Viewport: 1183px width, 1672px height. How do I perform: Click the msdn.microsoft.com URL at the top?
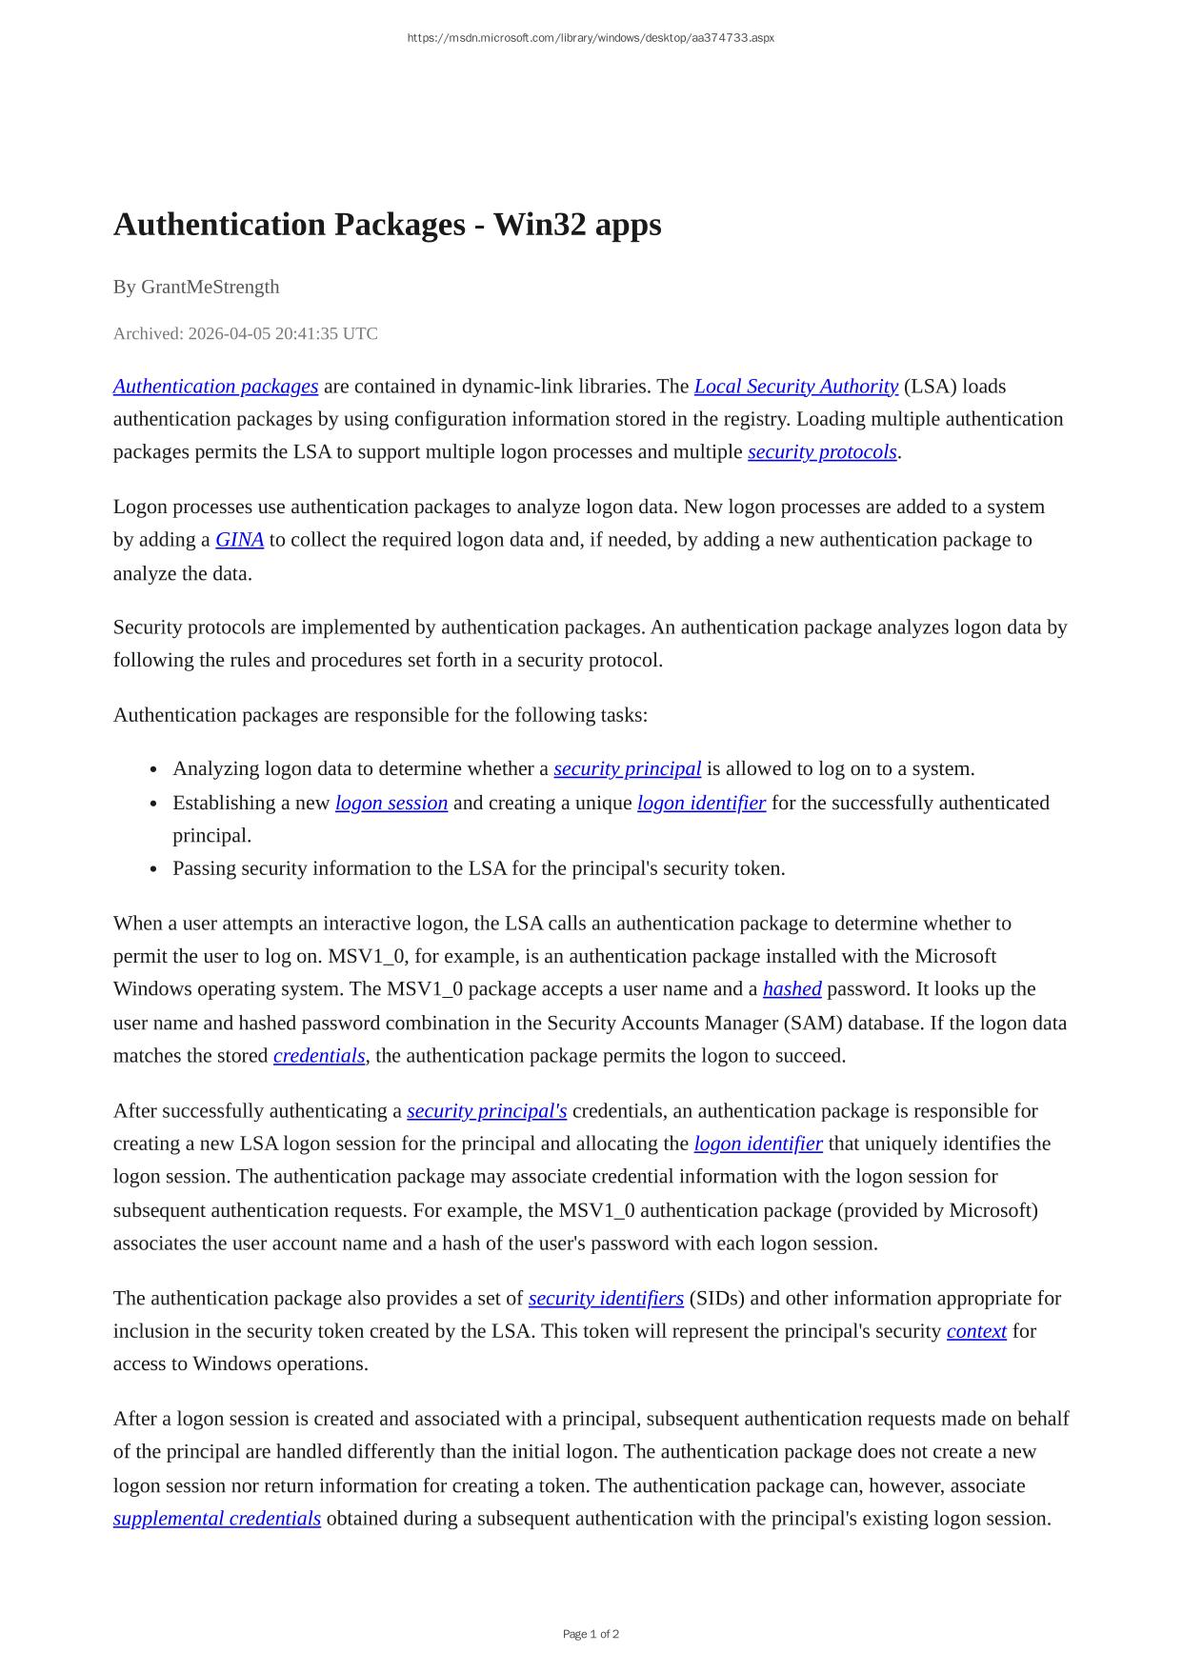pyautogui.click(x=591, y=38)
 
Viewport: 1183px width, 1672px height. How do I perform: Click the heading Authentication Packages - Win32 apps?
pyautogui.click(x=387, y=225)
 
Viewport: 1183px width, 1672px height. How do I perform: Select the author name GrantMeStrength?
pyautogui.click(x=210, y=287)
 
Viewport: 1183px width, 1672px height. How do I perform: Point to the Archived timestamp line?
pyautogui.click(x=245, y=333)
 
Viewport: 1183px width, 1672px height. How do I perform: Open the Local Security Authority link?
pyautogui.click(x=795, y=387)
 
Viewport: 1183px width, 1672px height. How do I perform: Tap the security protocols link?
pyautogui.click(x=822, y=451)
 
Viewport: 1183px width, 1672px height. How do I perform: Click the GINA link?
pyautogui.click(x=239, y=540)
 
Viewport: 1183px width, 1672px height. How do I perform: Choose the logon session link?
pyautogui.click(x=391, y=803)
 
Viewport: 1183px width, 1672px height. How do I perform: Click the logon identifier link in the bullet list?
pyautogui.click(x=701, y=803)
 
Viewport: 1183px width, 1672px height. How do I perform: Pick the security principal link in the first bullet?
pyautogui.click(x=627, y=768)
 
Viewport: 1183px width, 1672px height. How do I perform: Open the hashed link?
pyautogui.click(x=792, y=989)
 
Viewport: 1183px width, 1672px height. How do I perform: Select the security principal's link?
pyautogui.click(x=486, y=1111)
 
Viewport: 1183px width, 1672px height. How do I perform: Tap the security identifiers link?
pyautogui.click(x=606, y=1299)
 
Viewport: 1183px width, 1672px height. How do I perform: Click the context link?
pyautogui.click(x=976, y=1331)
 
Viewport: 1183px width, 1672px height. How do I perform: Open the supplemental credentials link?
pyautogui.click(x=216, y=1519)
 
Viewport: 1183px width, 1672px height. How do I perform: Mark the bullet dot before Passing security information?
pyautogui.click(x=154, y=869)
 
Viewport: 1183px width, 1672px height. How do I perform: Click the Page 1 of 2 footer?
pyautogui.click(x=591, y=1634)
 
